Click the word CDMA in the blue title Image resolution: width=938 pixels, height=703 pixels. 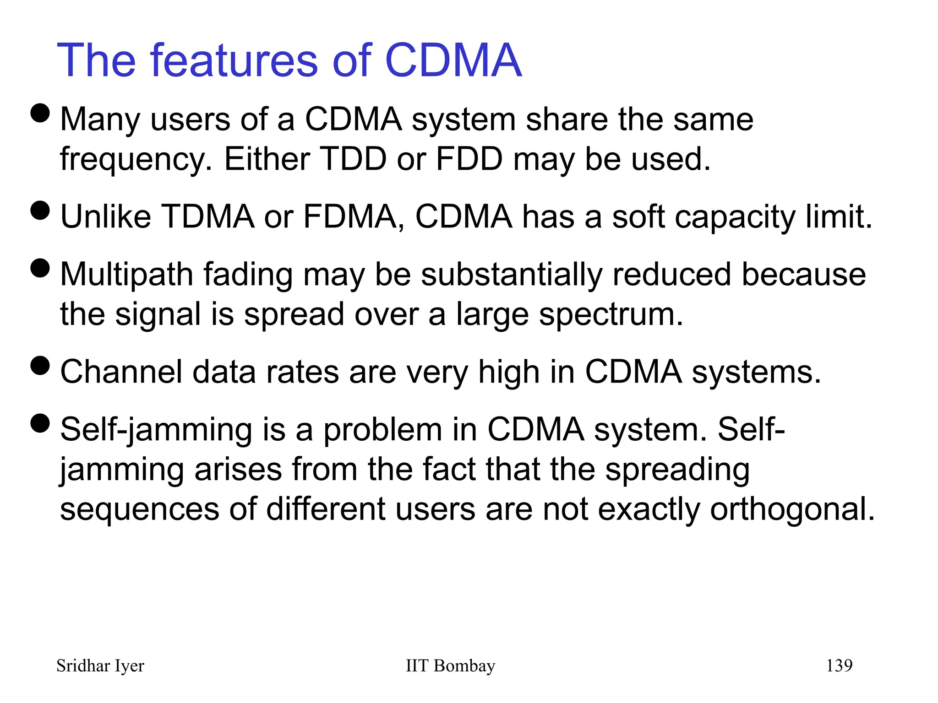pos(453,60)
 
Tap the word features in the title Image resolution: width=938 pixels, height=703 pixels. pos(234,60)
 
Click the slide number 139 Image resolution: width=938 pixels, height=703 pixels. pos(839,665)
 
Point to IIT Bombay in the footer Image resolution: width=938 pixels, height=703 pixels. pos(450,665)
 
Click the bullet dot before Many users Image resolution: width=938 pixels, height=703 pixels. pos(40,113)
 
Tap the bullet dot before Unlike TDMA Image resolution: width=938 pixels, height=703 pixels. pos(40,211)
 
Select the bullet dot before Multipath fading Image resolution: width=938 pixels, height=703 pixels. pos(40,268)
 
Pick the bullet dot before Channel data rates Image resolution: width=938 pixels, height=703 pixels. pos(40,366)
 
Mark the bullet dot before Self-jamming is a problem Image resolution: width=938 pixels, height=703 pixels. pos(40,423)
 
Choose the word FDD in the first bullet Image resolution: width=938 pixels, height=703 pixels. pos(469,159)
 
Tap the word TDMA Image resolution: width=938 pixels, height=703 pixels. pos(208,216)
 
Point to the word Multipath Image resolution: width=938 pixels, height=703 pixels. pos(126,275)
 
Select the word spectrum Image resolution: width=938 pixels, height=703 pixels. pos(611,315)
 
